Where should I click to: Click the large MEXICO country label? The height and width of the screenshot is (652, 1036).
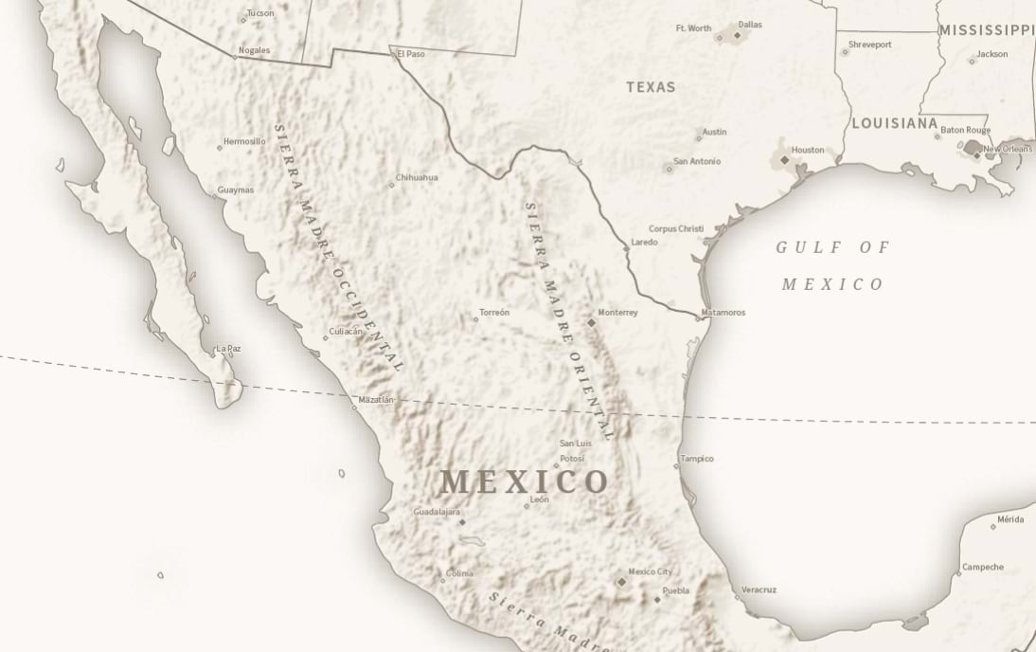click(524, 481)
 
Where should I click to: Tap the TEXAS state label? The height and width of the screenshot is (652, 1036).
click(651, 87)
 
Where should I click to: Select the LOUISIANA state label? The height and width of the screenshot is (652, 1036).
click(894, 123)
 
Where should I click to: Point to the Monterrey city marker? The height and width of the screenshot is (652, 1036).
click(592, 322)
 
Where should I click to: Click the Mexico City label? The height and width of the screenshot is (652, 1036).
click(651, 571)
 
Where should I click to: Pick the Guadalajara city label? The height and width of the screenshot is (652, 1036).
click(437, 512)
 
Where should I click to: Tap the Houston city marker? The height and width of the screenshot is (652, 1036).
click(785, 160)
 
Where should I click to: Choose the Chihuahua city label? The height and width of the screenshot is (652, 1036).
click(418, 177)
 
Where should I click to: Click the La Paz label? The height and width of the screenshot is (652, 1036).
click(228, 349)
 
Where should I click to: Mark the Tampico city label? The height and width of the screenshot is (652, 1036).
click(697, 459)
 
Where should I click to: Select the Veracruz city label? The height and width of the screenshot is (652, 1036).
click(759, 589)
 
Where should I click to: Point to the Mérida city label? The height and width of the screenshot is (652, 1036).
click(1010, 519)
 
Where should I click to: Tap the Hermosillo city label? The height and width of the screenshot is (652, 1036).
click(244, 141)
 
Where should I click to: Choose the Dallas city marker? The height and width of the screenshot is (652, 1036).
click(738, 35)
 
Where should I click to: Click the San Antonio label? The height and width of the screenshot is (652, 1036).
click(697, 161)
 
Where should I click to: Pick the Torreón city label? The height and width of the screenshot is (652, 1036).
click(494, 313)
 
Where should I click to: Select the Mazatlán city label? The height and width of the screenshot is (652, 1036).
click(376, 400)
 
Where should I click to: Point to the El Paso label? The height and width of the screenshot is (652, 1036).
click(411, 54)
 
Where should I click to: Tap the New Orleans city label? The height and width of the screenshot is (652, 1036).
click(1008, 149)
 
